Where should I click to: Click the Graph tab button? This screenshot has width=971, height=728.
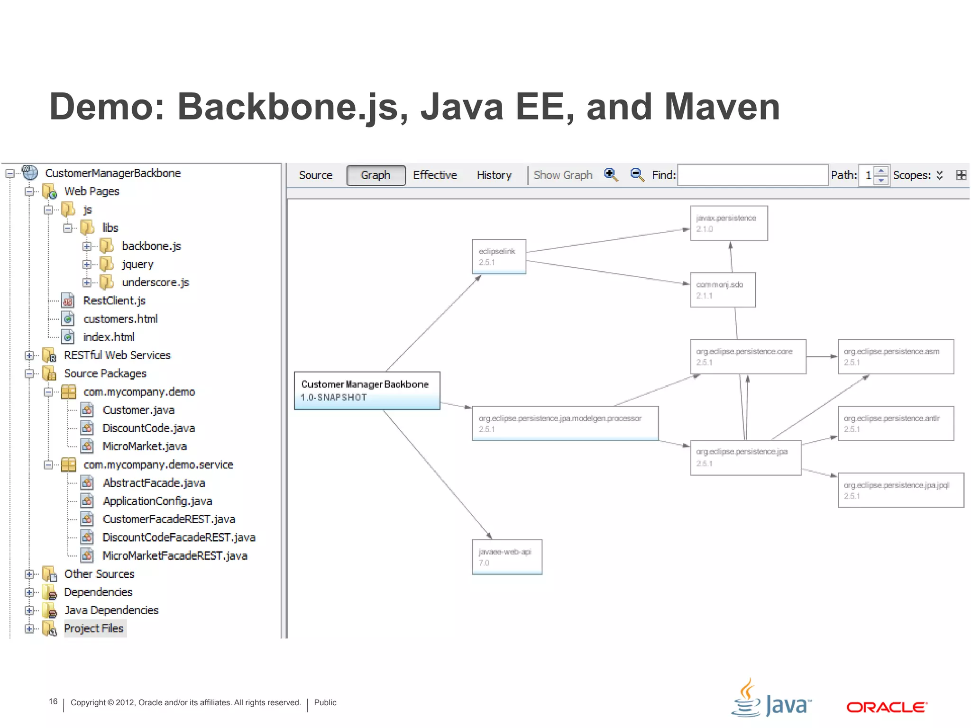[376, 175]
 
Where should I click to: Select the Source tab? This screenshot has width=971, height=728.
[315, 175]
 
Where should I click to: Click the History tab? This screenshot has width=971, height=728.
[494, 175]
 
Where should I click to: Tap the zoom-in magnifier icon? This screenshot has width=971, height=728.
[611, 175]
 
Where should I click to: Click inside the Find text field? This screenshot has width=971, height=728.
[752, 175]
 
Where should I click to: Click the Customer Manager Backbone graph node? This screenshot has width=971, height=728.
[366, 391]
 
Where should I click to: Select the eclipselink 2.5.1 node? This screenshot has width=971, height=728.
[499, 256]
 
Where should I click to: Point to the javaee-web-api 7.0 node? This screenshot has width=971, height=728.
[506, 557]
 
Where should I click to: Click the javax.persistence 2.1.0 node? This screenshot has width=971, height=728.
[729, 223]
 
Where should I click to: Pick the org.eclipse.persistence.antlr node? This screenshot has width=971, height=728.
[895, 423]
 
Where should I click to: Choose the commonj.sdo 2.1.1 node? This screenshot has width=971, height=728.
[723, 290]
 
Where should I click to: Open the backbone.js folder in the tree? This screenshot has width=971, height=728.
[151, 246]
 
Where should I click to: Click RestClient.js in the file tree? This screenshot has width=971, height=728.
[114, 301]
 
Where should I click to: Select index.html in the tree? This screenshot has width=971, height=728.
[109, 337]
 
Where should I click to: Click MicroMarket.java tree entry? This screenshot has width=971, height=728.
[144, 446]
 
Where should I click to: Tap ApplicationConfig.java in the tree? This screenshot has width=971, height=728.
[157, 501]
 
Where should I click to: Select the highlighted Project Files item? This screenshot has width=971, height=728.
[94, 628]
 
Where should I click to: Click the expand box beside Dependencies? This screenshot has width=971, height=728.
[29, 592]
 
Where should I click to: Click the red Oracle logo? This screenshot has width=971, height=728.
[887, 707]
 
